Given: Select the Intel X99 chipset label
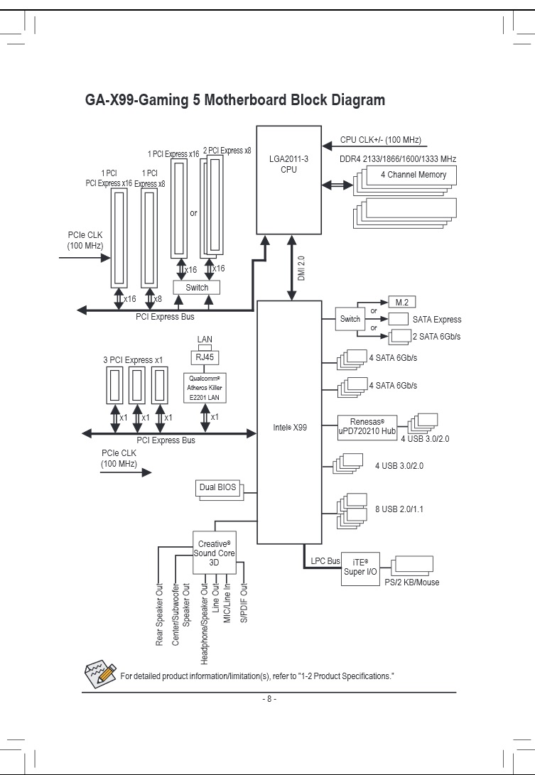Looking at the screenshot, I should coord(290,428).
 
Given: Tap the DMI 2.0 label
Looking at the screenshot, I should coord(301,270).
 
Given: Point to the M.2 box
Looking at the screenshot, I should coord(401,302).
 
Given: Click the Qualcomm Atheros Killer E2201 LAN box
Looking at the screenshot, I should coord(205,389).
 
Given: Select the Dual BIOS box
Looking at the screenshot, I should coord(217,488).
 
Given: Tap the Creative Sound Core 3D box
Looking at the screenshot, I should coord(214,552).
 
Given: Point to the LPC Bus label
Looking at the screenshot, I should coord(325,561).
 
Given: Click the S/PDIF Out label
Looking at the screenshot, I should coord(244,604).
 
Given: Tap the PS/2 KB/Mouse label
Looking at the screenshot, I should coord(411,582).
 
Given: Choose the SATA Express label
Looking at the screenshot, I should coord(437,320).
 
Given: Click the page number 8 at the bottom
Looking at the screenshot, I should coord(267,699).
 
